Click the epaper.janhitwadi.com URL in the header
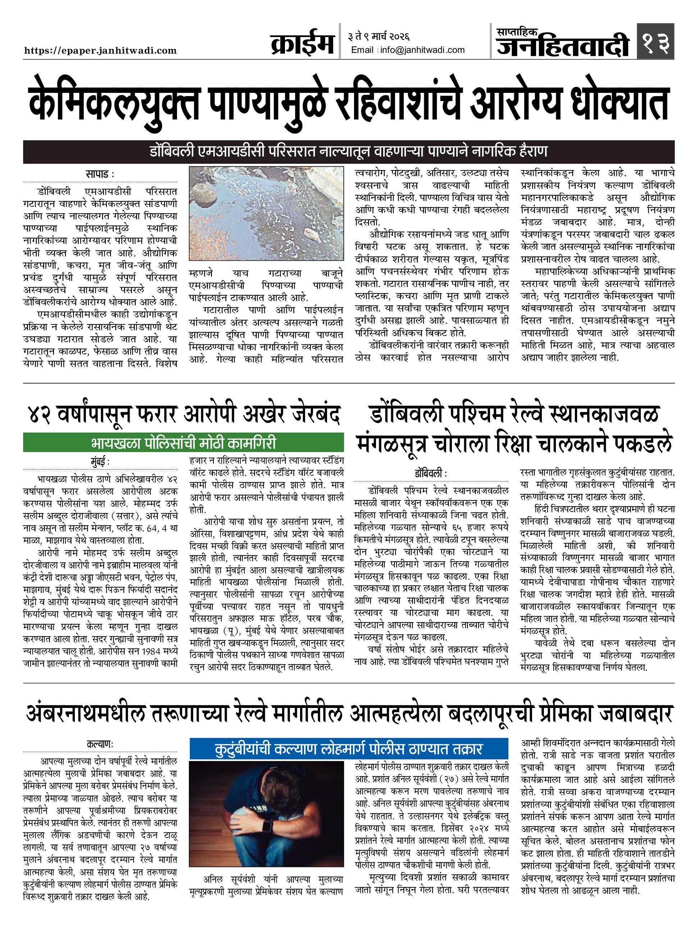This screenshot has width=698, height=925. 100,51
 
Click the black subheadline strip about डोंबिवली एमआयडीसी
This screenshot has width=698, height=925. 349,152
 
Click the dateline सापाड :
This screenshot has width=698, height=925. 100,173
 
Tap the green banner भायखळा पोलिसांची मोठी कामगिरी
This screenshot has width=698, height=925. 183,443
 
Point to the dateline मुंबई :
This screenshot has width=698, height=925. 100,462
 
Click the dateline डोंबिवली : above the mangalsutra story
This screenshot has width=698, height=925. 431,474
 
